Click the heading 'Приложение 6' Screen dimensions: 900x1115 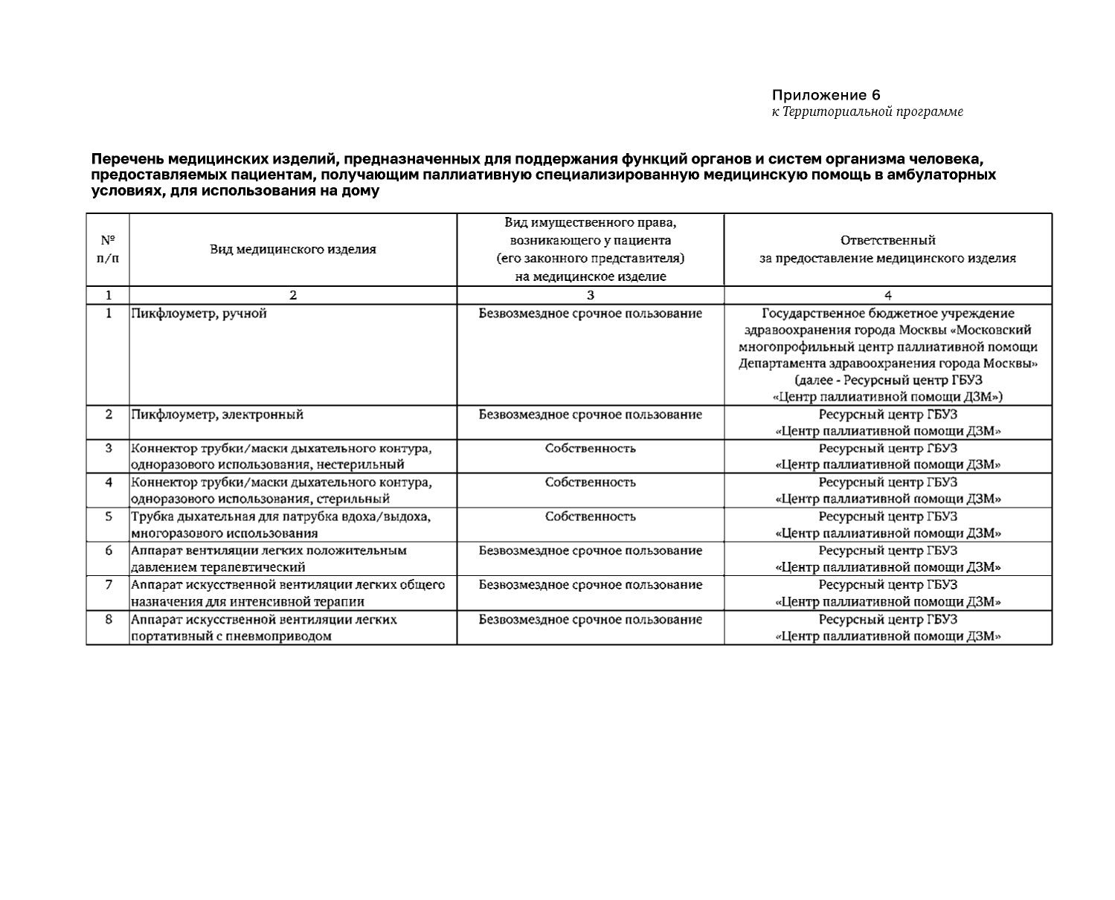click(826, 95)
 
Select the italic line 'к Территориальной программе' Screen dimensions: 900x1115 click(867, 111)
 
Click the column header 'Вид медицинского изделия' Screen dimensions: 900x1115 click(292, 250)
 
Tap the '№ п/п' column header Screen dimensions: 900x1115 click(108, 249)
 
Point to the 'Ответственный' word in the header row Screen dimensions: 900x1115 click(887, 241)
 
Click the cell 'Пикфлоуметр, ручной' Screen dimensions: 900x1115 click(199, 314)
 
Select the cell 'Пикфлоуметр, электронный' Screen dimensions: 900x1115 click(217, 415)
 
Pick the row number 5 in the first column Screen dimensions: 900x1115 click(109, 517)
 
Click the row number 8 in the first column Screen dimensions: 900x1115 click(109, 619)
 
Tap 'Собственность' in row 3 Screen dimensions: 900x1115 click(590, 448)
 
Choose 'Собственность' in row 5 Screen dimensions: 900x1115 click(590, 517)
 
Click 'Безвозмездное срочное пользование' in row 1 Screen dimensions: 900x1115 click(590, 314)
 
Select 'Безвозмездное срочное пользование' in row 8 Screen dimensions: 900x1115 click(590, 619)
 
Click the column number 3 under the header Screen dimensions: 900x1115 click(590, 295)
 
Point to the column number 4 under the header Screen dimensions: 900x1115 click(887, 295)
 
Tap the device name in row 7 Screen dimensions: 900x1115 click(288, 593)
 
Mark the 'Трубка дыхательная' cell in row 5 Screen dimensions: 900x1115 click(281, 525)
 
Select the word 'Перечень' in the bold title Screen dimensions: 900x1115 click(128, 159)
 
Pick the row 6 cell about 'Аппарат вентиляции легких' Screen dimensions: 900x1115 click(269, 559)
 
